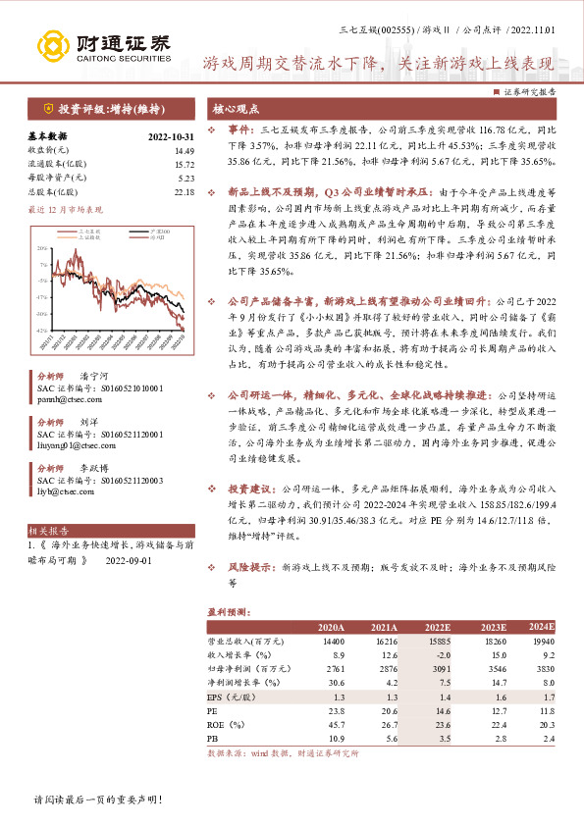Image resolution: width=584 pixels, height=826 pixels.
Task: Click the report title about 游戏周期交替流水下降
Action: click(x=378, y=65)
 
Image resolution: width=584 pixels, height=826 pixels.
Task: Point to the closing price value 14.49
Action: click(x=185, y=150)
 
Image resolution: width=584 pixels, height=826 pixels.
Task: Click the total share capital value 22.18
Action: click(x=185, y=191)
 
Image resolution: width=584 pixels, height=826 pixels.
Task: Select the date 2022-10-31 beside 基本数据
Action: click(x=172, y=136)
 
